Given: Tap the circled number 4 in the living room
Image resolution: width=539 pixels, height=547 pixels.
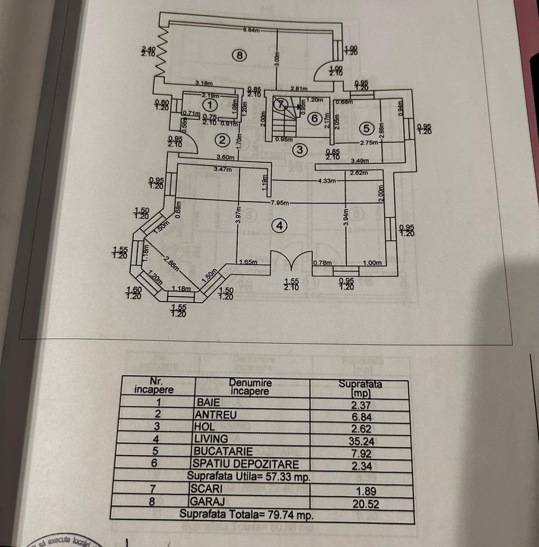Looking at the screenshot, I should coord(279,226).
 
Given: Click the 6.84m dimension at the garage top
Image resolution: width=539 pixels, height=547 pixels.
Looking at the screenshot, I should coord(251,30).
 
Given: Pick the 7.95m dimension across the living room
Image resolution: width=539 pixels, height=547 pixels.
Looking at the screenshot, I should coord(279,203).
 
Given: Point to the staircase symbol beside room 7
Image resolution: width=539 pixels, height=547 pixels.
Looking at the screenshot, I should coord(279,121).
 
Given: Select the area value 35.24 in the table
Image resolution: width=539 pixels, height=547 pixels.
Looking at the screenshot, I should coord(361,441).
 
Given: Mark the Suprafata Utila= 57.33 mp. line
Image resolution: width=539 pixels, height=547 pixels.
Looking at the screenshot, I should coord(248,476).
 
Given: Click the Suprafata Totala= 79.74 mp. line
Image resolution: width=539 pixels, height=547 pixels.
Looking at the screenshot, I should coord(247,515).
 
